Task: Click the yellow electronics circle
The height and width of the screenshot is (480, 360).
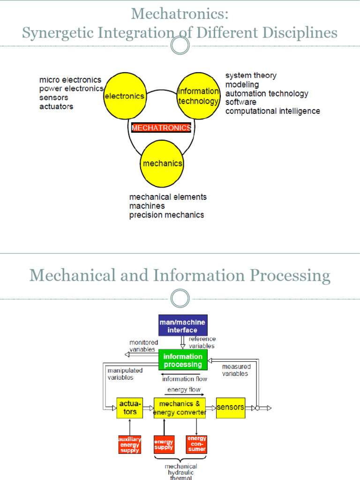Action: point(124,96)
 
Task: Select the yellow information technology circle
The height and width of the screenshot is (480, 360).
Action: point(198,96)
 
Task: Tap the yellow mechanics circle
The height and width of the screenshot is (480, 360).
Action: point(162,164)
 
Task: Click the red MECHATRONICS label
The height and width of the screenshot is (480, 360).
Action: point(161,127)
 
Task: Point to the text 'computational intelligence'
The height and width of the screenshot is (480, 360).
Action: point(272,111)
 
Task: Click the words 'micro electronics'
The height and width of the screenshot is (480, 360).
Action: point(70,80)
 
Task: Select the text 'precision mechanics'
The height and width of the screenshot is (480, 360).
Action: point(166,215)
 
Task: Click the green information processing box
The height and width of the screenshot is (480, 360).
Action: point(183,360)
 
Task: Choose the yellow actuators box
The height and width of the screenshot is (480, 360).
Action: point(130,408)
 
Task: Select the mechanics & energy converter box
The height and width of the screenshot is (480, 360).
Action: point(180,408)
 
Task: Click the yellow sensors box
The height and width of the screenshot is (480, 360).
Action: point(230,407)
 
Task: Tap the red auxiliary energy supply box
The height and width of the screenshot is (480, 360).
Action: point(129,444)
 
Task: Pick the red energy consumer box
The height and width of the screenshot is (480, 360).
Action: point(196,444)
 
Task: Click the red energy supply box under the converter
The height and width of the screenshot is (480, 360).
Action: point(164,444)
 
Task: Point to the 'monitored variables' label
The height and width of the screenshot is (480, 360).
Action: point(143,346)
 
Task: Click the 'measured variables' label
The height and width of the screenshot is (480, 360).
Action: point(236,370)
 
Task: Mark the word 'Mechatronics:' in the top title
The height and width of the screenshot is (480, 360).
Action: point(180,14)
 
